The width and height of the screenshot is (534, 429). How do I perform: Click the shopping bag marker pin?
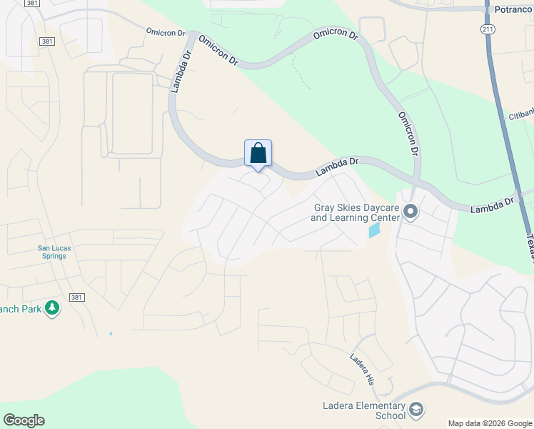(x=258, y=154)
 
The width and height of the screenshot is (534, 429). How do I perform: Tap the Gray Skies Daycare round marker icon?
(x=410, y=212)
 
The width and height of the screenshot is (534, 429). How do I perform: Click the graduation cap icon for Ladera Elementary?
(x=415, y=410)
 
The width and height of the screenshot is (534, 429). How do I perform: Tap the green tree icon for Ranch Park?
(x=51, y=308)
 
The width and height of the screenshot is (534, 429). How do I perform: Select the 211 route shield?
(x=487, y=29)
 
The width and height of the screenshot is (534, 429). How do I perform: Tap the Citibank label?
(x=520, y=115)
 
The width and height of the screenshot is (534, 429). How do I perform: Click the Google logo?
(x=24, y=420)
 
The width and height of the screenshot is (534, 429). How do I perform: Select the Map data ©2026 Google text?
(x=490, y=423)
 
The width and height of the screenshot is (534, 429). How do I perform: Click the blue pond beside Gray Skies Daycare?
(x=374, y=230)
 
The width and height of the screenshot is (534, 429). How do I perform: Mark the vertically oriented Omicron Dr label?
(x=408, y=134)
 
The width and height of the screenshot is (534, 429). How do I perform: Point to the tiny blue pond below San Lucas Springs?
(x=111, y=333)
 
